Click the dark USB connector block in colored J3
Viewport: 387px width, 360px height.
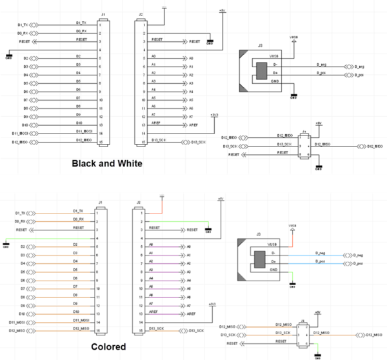pos(261,259)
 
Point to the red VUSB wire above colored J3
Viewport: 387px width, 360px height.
pos(293,237)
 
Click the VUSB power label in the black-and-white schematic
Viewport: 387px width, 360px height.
pos(293,37)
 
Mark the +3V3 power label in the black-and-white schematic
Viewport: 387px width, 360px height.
pos(214,115)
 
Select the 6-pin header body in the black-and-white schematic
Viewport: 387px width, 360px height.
pos(306,146)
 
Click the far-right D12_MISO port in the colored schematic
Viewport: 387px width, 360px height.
pos(368,335)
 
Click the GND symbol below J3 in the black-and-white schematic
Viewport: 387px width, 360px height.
pos(293,97)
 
